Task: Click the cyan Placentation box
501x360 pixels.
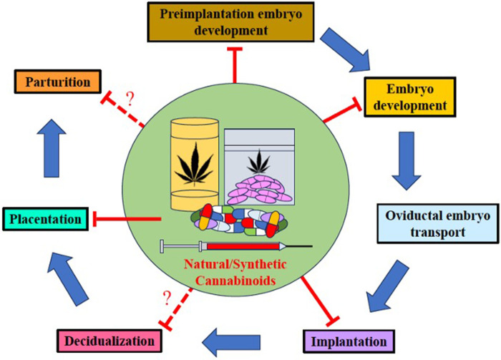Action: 44,218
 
